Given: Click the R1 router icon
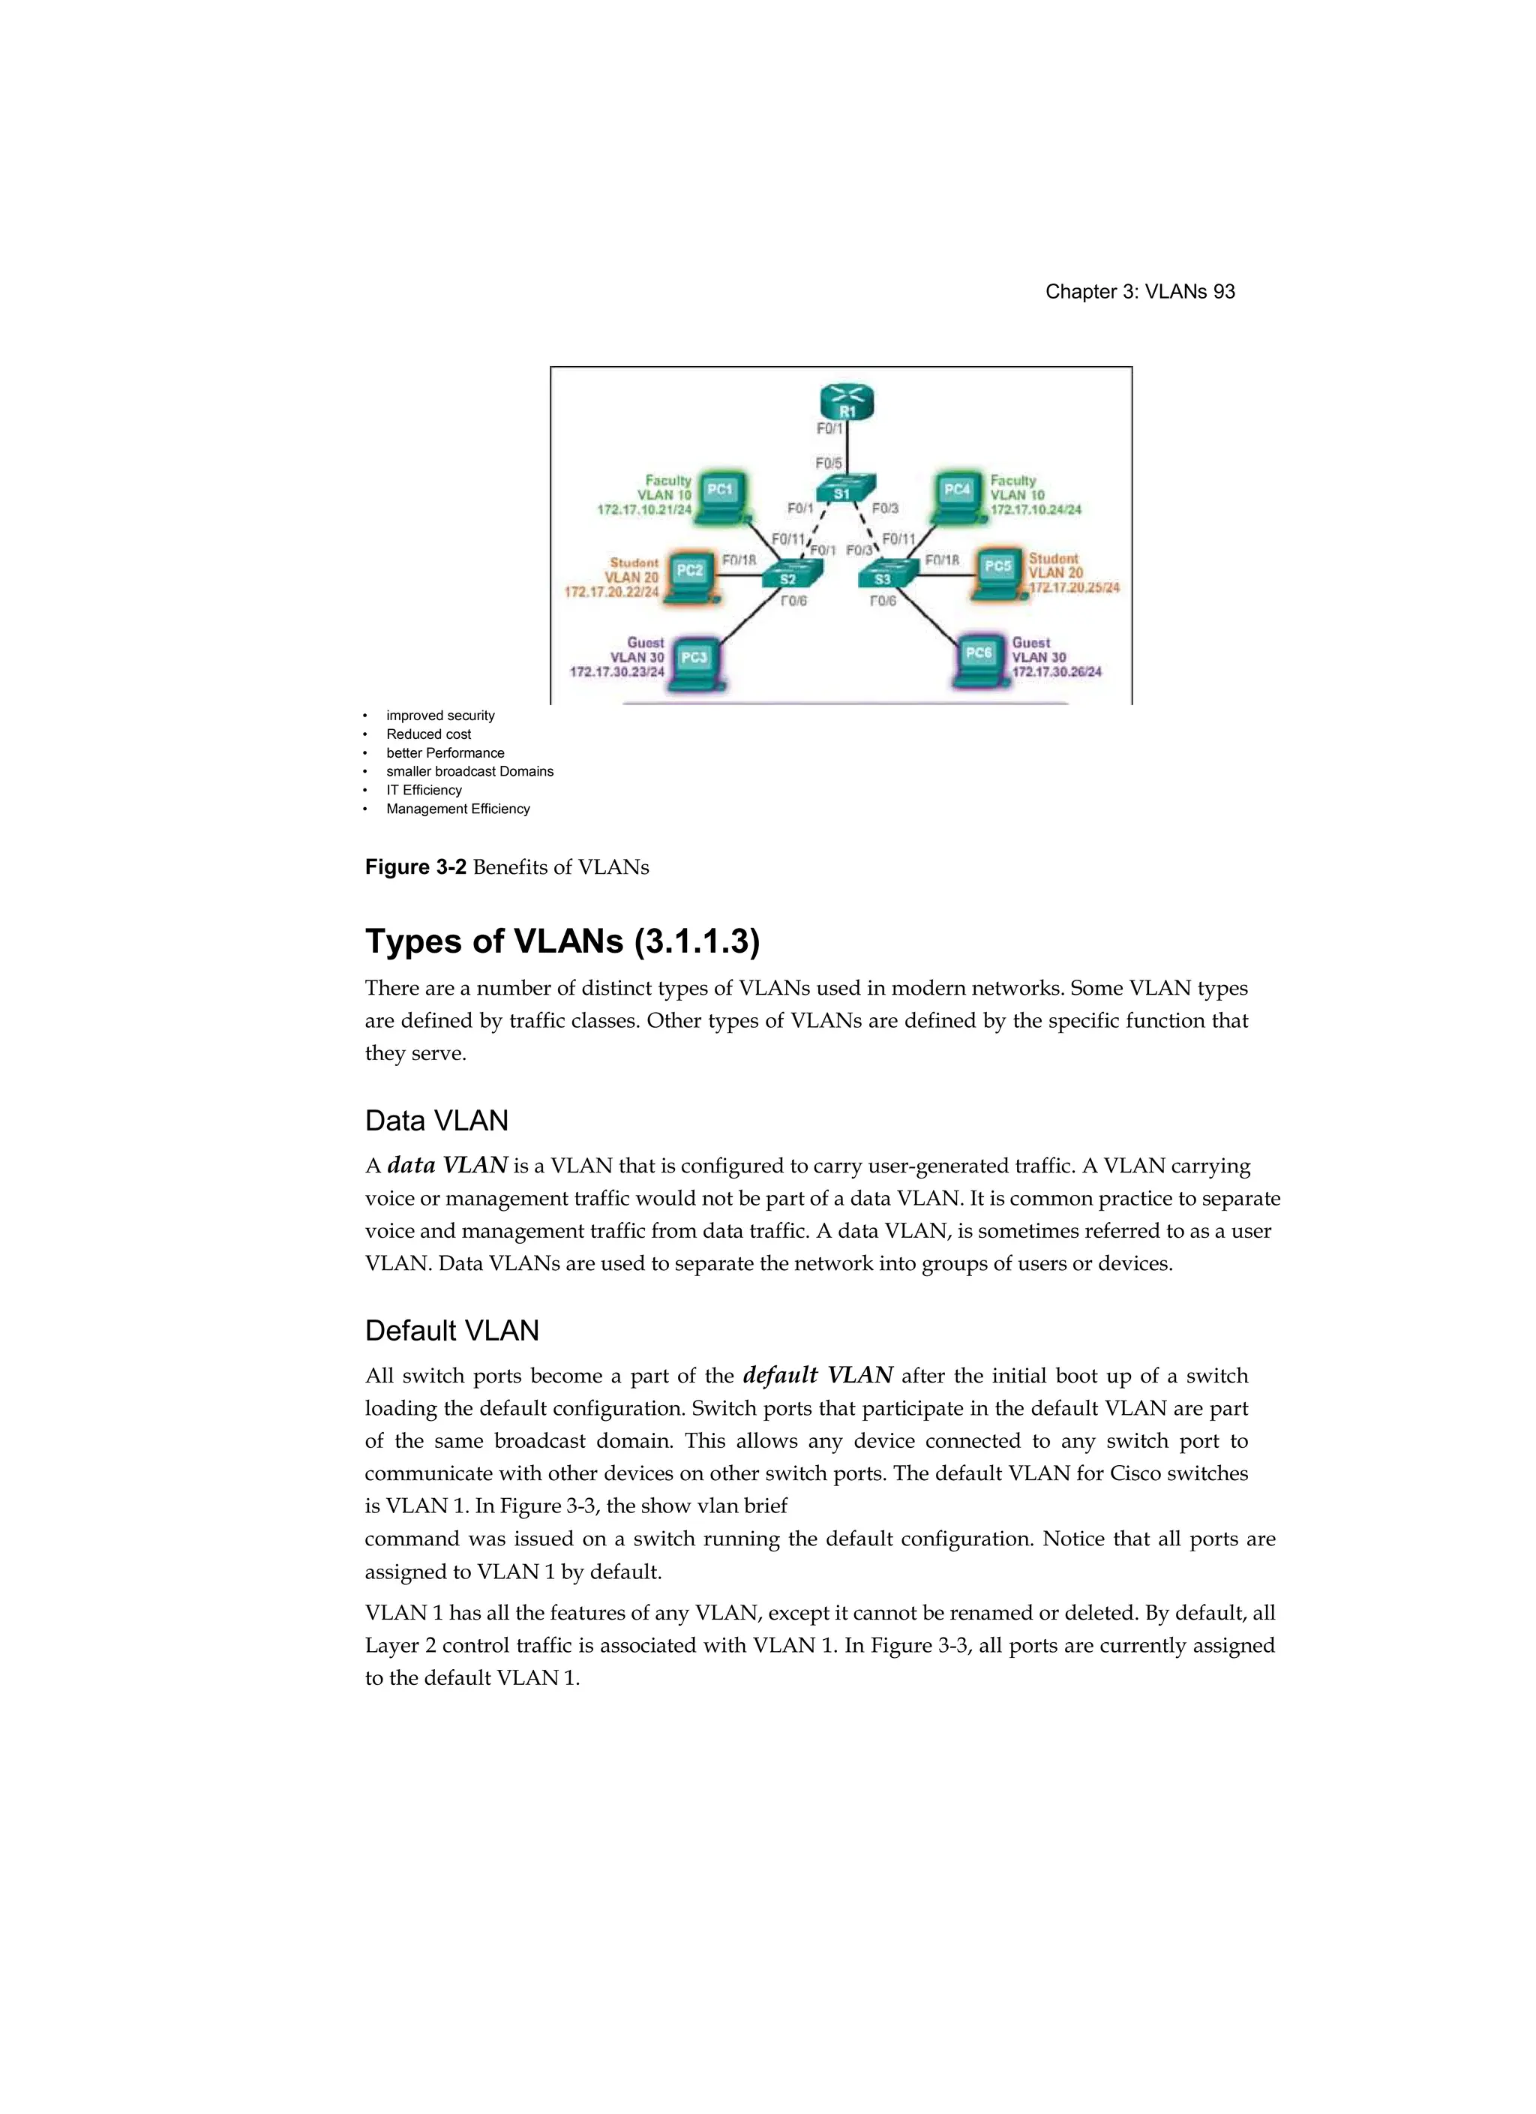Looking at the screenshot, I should [846, 403].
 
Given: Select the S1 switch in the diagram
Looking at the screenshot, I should [842, 491].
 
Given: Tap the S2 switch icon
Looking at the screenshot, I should [787, 575].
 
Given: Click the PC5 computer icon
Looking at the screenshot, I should [997, 570].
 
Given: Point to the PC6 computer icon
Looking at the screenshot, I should [979, 658].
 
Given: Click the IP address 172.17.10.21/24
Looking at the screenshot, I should [644, 510].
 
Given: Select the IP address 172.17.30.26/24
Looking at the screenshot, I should [1057, 671].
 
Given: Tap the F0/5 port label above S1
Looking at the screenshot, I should [829, 464].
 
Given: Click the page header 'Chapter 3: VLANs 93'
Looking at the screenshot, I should [1140, 292].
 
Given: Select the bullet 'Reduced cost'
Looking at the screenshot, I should [429, 734].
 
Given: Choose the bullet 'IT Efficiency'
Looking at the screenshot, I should [424, 791].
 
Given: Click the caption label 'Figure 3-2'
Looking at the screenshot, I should [415, 868].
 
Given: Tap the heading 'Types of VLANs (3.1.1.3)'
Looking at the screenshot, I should [562, 941].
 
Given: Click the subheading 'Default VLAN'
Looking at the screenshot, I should [452, 1331].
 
